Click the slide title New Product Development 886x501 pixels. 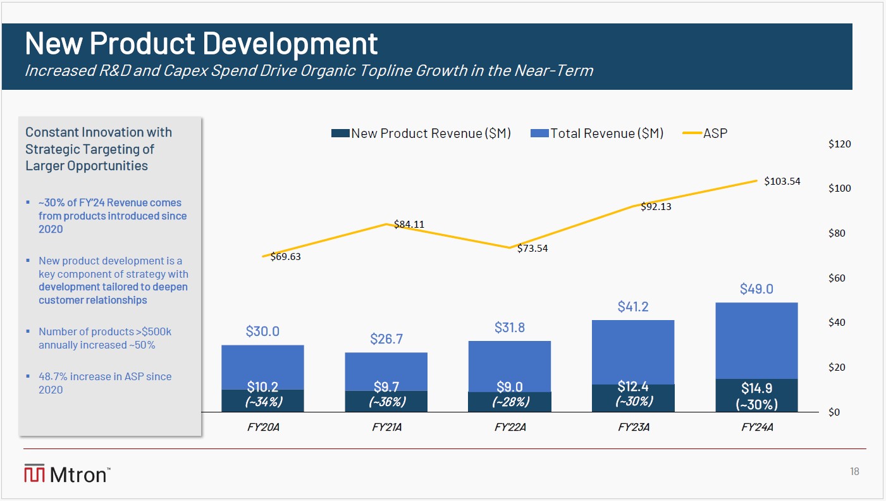(201, 43)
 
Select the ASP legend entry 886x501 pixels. (715, 133)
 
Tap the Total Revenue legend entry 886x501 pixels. (606, 133)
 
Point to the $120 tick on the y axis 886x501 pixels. (840, 144)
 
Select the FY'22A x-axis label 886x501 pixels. (510, 428)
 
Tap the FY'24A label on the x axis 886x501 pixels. (757, 428)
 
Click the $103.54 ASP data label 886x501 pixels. (782, 182)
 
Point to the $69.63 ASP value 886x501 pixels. (285, 257)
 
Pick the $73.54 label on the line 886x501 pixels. (532, 249)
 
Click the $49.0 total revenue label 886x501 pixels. (756, 289)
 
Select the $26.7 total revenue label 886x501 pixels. (386, 339)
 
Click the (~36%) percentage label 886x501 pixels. (386, 402)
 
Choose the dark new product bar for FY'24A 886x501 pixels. (756, 395)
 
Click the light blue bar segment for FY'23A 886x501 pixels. (633, 352)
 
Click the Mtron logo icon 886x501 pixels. (34, 474)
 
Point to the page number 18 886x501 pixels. (854, 472)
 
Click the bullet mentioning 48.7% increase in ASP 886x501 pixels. (105, 383)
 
